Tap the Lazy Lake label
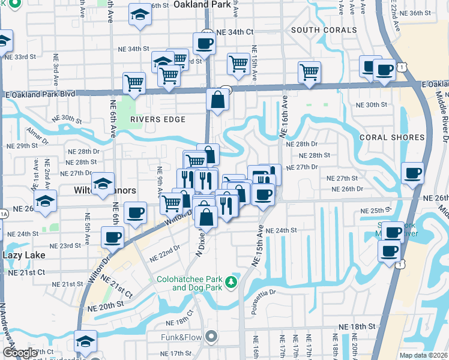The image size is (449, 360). [x=24, y=255]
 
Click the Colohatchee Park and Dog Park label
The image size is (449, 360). [x=189, y=283]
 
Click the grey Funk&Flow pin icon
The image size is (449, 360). [x=211, y=337]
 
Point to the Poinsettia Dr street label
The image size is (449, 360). [x=273, y=293]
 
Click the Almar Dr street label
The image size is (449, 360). [x=37, y=136]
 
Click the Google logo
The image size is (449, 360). [x=20, y=353]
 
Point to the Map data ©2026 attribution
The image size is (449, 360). [x=423, y=355]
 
